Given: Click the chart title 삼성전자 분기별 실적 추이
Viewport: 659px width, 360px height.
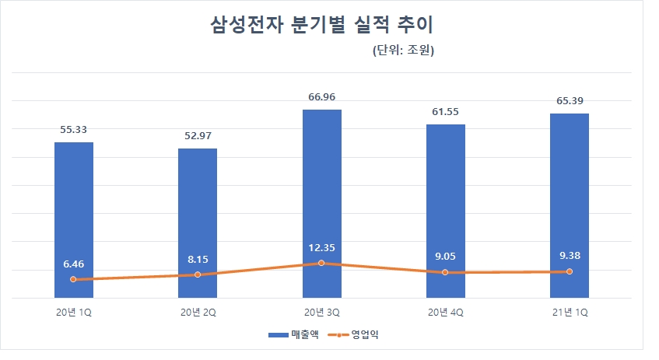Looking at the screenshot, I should (x=321, y=25).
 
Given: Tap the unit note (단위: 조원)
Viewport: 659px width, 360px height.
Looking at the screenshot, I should (x=398, y=52).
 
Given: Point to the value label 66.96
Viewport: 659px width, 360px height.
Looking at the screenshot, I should (x=321, y=97).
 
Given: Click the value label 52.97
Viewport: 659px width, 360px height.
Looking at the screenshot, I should (x=198, y=136).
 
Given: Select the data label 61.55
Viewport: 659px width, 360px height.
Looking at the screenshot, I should (x=445, y=112).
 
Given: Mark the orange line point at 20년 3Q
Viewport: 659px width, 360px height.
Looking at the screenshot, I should (x=321, y=264).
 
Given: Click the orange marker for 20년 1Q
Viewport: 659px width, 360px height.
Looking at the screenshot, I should (x=74, y=279).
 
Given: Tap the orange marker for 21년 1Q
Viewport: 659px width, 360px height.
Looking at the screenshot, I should (x=569, y=271).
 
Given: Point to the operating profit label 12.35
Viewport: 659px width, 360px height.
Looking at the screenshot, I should (x=321, y=248).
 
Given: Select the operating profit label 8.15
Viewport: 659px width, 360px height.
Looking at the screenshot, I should (x=198, y=259).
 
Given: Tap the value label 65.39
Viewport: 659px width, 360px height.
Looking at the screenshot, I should (x=569, y=101).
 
